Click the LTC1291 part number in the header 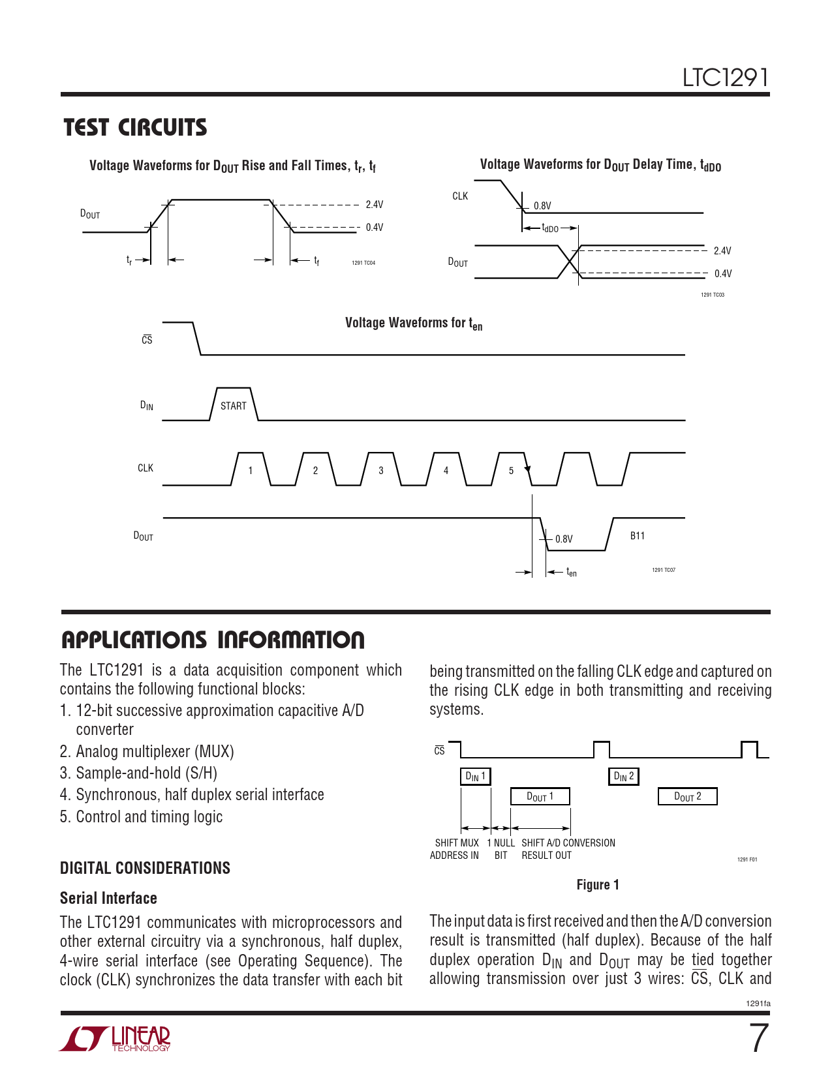(x=725, y=78)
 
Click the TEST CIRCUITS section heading (x=135, y=127)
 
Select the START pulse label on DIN (x=233, y=406)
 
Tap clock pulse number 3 (x=381, y=470)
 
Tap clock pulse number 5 (x=511, y=470)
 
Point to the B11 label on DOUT (x=638, y=536)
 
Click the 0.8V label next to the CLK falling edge (x=542, y=206)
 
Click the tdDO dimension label (x=550, y=228)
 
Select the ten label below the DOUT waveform (x=572, y=573)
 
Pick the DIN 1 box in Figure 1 (x=475, y=777)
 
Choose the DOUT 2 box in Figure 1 (x=687, y=797)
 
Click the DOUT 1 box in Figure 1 (x=540, y=797)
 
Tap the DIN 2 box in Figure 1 (x=624, y=777)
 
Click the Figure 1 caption (x=598, y=885)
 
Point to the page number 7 (x=758, y=1038)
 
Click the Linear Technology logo (x=116, y=1039)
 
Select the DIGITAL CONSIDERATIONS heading (x=145, y=868)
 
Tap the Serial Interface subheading (x=108, y=898)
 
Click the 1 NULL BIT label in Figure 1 (x=501, y=849)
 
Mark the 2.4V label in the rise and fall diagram (x=375, y=205)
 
